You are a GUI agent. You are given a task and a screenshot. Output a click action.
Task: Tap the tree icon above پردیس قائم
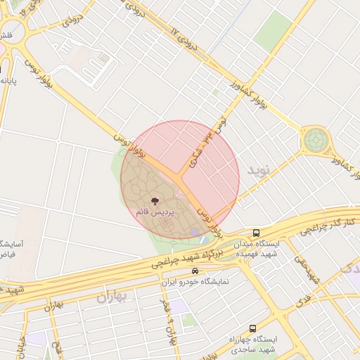tap(155, 202)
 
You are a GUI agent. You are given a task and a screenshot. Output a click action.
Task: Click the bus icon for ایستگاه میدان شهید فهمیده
tap(256, 233)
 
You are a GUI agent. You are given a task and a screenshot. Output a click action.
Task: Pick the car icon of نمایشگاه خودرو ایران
tap(195, 271)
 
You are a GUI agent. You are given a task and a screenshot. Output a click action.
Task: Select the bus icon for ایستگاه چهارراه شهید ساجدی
tap(252, 328)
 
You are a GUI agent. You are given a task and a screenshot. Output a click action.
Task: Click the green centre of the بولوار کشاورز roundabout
tap(314, 141)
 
